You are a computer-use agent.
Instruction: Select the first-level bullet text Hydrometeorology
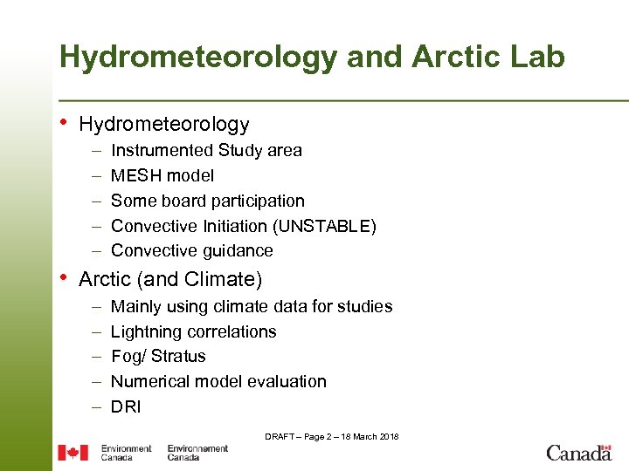tap(164, 125)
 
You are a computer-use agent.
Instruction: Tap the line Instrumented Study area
tap(206, 150)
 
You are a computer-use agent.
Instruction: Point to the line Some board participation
tap(208, 201)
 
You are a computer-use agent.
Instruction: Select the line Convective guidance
tap(192, 250)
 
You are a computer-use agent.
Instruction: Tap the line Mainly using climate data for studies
tap(252, 306)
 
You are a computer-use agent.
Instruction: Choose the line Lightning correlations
tap(194, 331)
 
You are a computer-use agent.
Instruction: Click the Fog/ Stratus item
tap(158, 356)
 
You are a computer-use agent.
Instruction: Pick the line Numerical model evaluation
tap(218, 381)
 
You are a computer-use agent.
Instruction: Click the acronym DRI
tap(126, 406)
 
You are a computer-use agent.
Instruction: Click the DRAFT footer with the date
tap(332, 436)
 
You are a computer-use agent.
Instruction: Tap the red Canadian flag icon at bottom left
tap(73, 453)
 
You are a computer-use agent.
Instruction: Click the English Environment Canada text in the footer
tap(126, 453)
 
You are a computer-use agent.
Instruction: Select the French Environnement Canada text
tap(197, 453)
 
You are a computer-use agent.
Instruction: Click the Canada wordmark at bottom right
tap(578, 453)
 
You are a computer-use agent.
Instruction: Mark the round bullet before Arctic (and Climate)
tap(64, 278)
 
